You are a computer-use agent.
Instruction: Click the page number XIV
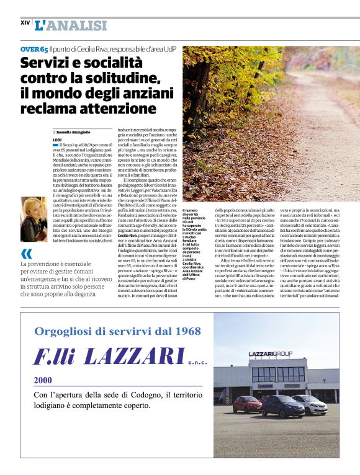(25, 22)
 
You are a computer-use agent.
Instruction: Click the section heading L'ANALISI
(71, 25)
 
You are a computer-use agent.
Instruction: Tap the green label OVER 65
(34, 49)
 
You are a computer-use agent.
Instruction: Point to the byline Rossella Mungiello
(74, 133)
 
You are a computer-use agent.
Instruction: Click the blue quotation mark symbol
(26, 253)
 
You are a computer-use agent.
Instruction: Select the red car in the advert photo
(247, 404)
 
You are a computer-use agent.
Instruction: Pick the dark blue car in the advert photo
(282, 406)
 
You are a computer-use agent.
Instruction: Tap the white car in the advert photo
(310, 403)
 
